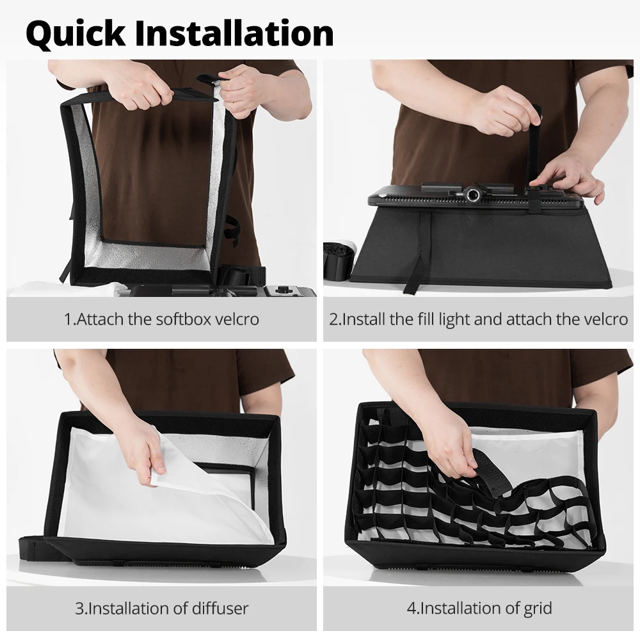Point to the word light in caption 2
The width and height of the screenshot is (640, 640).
click(454, 319)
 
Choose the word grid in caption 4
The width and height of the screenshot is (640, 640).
click(538, 609)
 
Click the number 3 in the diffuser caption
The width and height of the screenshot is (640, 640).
click(79, 609)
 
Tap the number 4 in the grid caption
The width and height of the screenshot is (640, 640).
click(412, 609)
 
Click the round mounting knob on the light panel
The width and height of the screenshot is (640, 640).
click(474, 195)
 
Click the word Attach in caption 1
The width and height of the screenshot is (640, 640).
click(100, 319)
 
